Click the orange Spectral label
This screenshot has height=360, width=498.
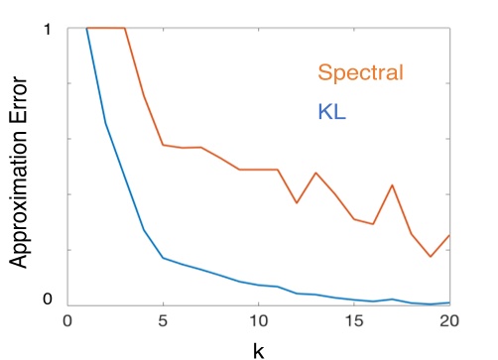(362, 72)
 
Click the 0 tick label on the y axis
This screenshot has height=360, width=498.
(46, 300)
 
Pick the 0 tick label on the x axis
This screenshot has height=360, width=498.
(67, 321)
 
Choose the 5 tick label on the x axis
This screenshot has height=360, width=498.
(163, 321)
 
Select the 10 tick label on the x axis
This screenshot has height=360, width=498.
(258, 321)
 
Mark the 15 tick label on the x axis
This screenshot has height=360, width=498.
(354, 321)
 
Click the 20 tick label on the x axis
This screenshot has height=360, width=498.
(448, 321)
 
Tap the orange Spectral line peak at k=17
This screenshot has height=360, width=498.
(392, 185)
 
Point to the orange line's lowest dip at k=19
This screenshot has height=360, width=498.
(431, 257)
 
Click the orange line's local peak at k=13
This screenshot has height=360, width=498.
(315, 173)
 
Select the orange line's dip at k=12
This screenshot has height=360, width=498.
(297, 203)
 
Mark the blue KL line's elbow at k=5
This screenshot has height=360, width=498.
(163, 258)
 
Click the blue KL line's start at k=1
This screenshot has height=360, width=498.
(86, 29)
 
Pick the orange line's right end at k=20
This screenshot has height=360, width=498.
(449, 235)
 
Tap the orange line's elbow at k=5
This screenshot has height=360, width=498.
(163, 145)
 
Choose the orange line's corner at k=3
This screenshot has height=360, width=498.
(125, 29)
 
